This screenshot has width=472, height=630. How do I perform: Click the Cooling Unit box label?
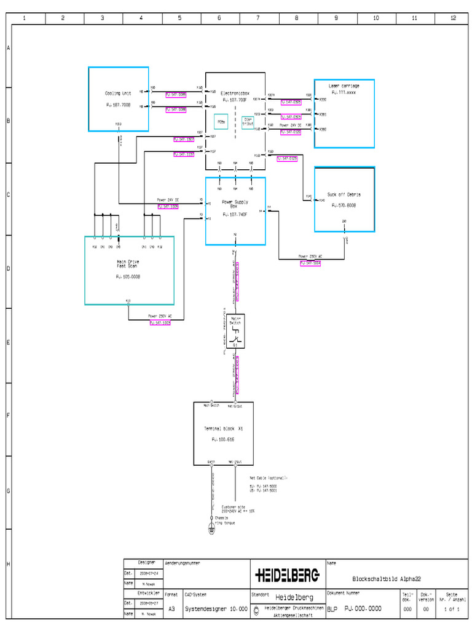coord(118,94)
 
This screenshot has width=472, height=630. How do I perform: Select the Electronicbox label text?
coord(234,93)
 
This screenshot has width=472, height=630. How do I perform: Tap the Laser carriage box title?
coord(344,86)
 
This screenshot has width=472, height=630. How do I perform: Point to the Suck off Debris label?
coord(344,194)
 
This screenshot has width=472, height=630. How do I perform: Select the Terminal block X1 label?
coord(224,428)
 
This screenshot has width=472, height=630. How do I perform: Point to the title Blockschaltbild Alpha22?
coord(387,578)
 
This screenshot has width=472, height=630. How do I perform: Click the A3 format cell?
coord(171,607)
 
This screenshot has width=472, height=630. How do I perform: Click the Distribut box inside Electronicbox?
coord(248,121)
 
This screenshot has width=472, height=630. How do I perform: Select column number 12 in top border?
coord(454,18)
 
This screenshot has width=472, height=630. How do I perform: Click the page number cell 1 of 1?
coord(452,608)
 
